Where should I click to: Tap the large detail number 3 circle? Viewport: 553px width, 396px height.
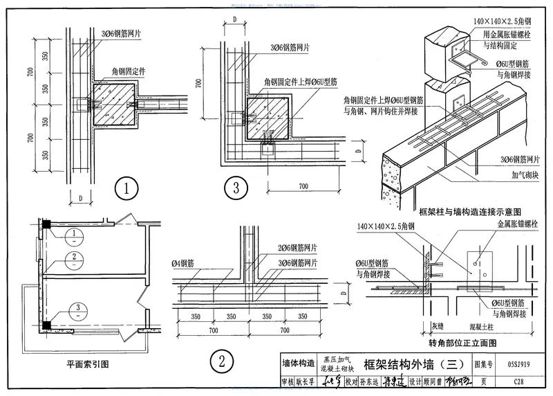[x=237, y=188]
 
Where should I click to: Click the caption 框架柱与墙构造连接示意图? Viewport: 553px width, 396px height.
[x=469, y=210]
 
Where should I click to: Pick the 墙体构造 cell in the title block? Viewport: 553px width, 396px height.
[x=299, y=363]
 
